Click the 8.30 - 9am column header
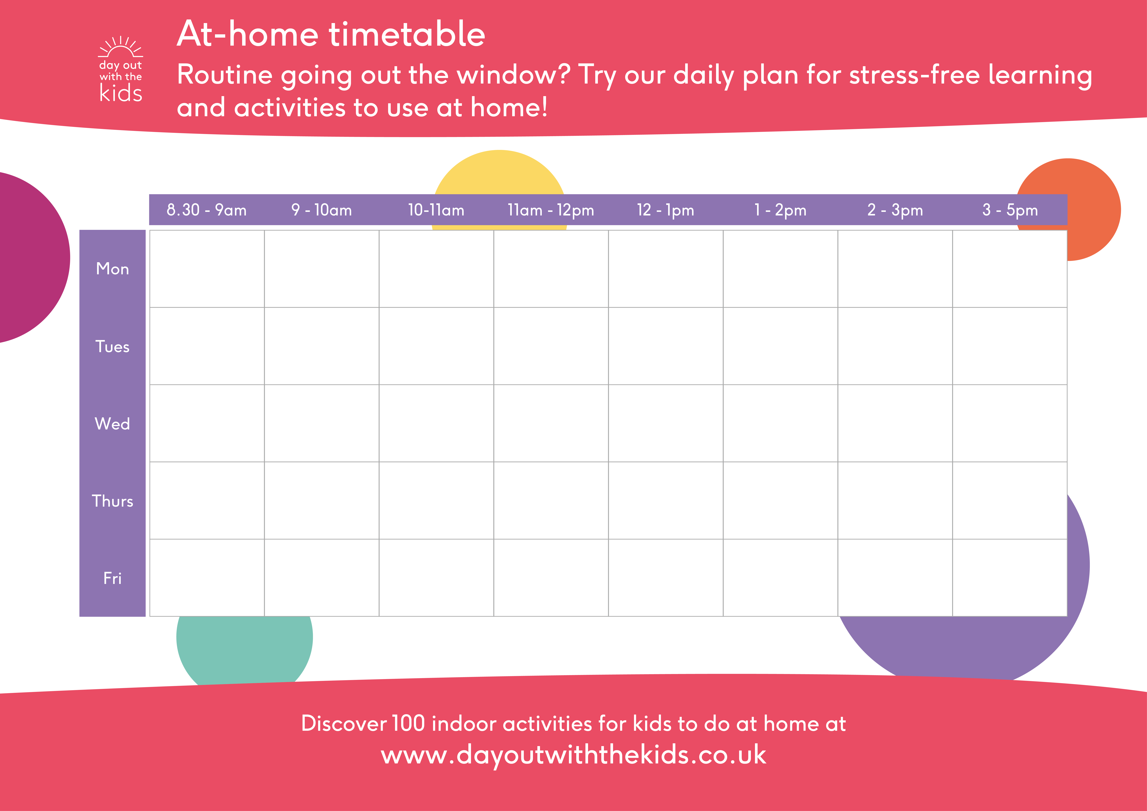point(206,210)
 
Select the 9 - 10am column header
point(321,210)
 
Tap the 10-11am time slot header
point(436,210)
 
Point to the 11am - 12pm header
point(550,210)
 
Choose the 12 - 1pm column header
point(665,210)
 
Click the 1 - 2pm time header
point(780,210)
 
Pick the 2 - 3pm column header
point(895,210)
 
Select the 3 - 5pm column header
point(1010,210)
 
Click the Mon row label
point(112,269)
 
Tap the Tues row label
point(112,346)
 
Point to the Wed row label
point(112,424)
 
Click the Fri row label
point(112,578)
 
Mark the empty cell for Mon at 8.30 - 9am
point(207,269)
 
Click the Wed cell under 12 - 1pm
point(665,423)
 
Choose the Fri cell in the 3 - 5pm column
point(1010,578)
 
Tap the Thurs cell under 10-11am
point(436,500)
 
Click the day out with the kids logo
point(120,70)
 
